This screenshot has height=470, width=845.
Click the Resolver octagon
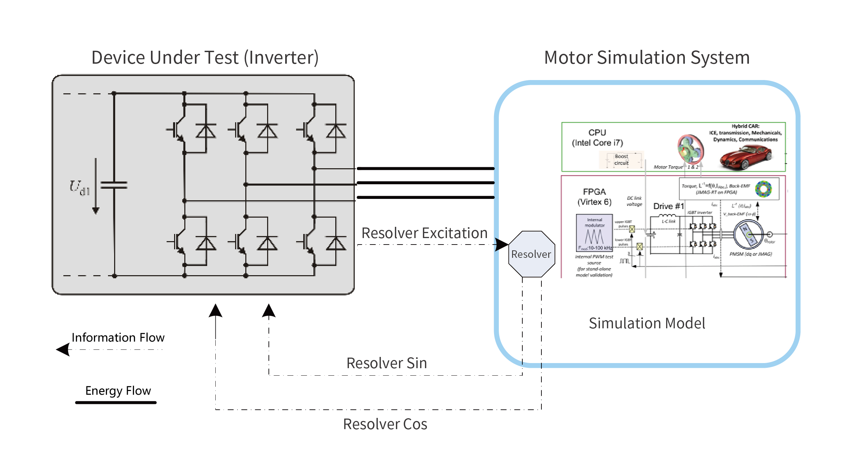click(531, 254)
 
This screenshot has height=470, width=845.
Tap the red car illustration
click(746, 157)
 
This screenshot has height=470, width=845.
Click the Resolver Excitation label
click(424, 233)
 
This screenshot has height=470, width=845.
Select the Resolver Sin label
click(386, 363)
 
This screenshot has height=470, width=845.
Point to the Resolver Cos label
click(385, 424)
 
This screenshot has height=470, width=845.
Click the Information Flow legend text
click(118, 338)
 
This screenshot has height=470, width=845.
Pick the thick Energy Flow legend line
click(116, 403)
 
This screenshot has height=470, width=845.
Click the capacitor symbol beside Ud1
click(114, 185)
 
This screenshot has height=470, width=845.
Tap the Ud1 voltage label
click(80, 188)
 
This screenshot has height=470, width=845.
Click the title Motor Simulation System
click(647, 57)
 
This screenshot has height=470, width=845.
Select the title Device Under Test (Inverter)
click(205, 57)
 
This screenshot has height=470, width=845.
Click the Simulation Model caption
click(647, 323)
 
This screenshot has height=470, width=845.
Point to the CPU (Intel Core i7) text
click(597, 138)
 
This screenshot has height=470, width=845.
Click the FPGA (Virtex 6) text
click(594, 197)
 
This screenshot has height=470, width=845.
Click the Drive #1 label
click(668, 206)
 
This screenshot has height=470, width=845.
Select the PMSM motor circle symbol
click(749, 235)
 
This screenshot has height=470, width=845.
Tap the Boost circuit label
click(621, 160)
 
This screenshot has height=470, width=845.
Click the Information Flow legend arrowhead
click(63, 349)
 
